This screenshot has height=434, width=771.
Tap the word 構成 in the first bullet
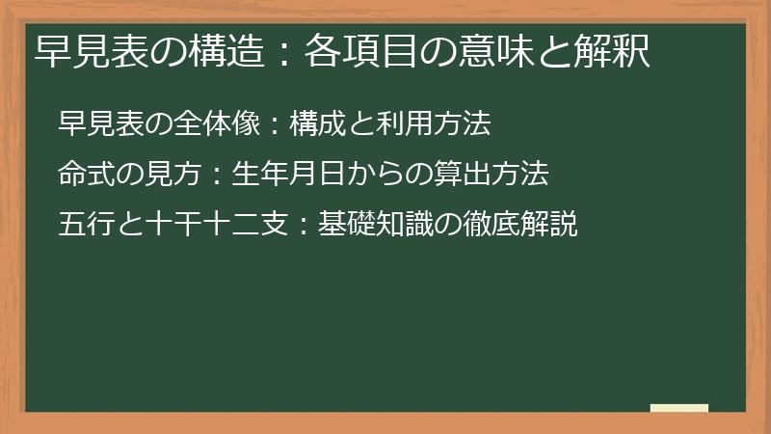coord(314,124)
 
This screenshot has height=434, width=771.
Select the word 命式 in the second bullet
coord(84,175)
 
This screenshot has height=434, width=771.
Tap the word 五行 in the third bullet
coord(84,225)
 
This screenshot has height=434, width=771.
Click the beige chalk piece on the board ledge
coord(678,409)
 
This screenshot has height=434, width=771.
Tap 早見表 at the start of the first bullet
coord(96,124)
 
